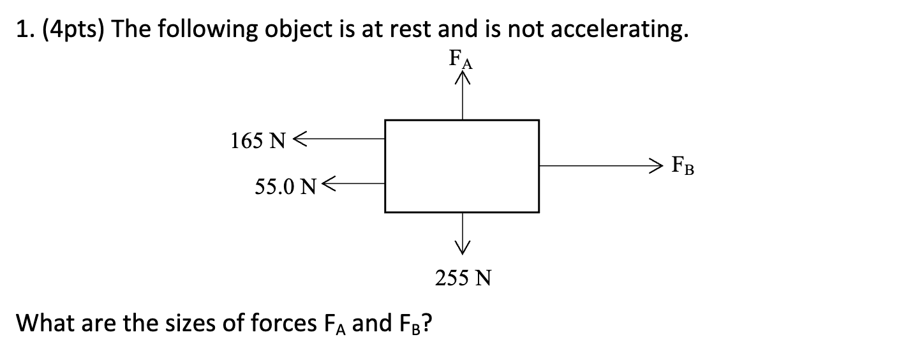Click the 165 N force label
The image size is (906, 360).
(258, 141)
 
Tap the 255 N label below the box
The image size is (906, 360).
(463, 278)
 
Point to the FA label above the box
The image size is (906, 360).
(462, 61)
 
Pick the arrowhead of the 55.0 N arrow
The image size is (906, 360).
(329, 183)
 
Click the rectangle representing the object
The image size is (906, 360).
(462, 166)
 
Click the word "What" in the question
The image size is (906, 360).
(43, 324)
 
